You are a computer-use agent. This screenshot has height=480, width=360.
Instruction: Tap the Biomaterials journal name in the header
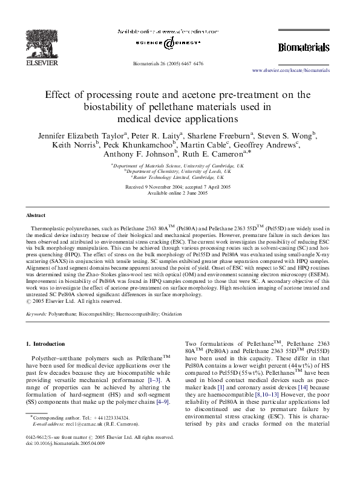click(x=303, y=47)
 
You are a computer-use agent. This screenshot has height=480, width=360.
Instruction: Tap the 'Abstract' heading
click(x=36, y=215)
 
